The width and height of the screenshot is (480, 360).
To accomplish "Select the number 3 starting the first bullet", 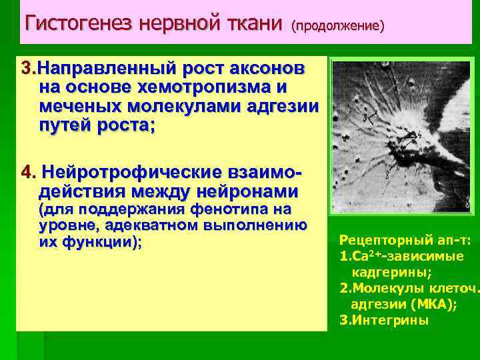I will [x=26, y=69].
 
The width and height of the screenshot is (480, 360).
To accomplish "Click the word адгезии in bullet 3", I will [x=287, y=107].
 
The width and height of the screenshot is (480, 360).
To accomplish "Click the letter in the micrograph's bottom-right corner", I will [x=466, y=203].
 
